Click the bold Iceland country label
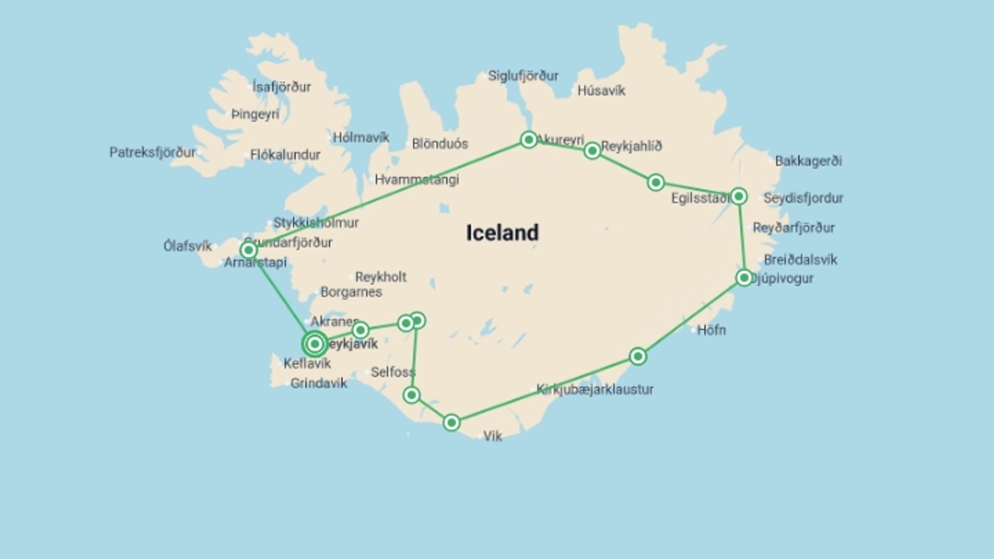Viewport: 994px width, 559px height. click(x=502, y=233)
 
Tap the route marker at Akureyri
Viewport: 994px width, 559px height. click(x=529, y=139)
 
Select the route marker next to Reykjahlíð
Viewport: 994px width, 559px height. click(x=592, y=151)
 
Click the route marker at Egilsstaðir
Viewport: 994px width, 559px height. click(x=739, y=196)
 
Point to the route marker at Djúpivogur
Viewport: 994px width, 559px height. click(x=744, y=278)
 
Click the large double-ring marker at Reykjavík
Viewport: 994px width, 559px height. click(x=315, y=344)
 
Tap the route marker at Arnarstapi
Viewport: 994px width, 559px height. click(x=248, y=251)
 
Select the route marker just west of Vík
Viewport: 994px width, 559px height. click(x=451, y=423)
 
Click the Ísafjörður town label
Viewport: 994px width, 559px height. click(x=282, y=87)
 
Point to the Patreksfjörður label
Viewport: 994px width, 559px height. click(x=153, y=153)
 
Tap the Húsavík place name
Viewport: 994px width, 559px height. click(x=601, y=91)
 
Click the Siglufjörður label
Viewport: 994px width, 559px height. click(x=523, y=76)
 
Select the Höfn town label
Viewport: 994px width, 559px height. click(x=711, y=330)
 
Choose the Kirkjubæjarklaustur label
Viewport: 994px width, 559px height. click(x=595, y=389)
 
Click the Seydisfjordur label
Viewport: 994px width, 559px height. click(x=803, y=198)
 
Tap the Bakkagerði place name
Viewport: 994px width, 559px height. click(x=808, y=161)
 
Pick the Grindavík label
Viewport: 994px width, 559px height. click(x=319, y=384)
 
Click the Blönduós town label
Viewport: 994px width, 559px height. click(x=440, y=144)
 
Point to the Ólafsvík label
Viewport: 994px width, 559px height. click(x=187, y=246)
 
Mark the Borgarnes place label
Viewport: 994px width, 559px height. click(x=351, y=292)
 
